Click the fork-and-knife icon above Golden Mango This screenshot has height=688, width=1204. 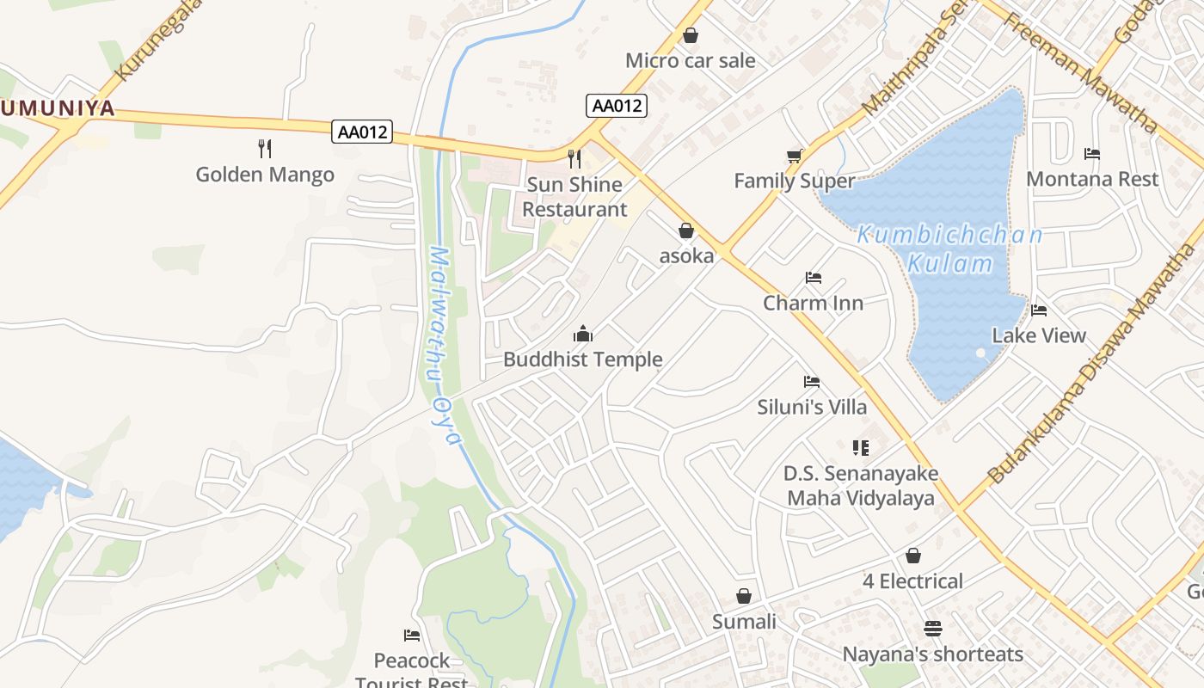coord(265,149)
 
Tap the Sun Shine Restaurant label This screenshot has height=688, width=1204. coord(574,197)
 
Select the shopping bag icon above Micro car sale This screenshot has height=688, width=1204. coord(690,35)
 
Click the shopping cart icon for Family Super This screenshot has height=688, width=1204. coord(794,156)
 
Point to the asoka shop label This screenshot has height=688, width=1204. coord(686,255)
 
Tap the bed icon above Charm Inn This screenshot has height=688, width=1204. coord(814,278)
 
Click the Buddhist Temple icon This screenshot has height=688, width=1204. coord(583,334)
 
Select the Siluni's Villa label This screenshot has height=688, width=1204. coord(812,407)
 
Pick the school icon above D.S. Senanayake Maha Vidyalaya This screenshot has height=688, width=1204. coord(861,447)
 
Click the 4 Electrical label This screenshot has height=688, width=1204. coord(912,581)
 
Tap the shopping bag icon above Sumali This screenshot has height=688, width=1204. coord(744,596)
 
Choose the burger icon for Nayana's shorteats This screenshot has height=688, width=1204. coord(933,628)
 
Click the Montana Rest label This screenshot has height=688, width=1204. coord(1092,179)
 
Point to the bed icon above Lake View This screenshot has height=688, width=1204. coord(1039,310)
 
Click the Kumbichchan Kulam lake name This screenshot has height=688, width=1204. coord(950,249)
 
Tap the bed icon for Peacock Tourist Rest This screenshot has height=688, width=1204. coord(412,636)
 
